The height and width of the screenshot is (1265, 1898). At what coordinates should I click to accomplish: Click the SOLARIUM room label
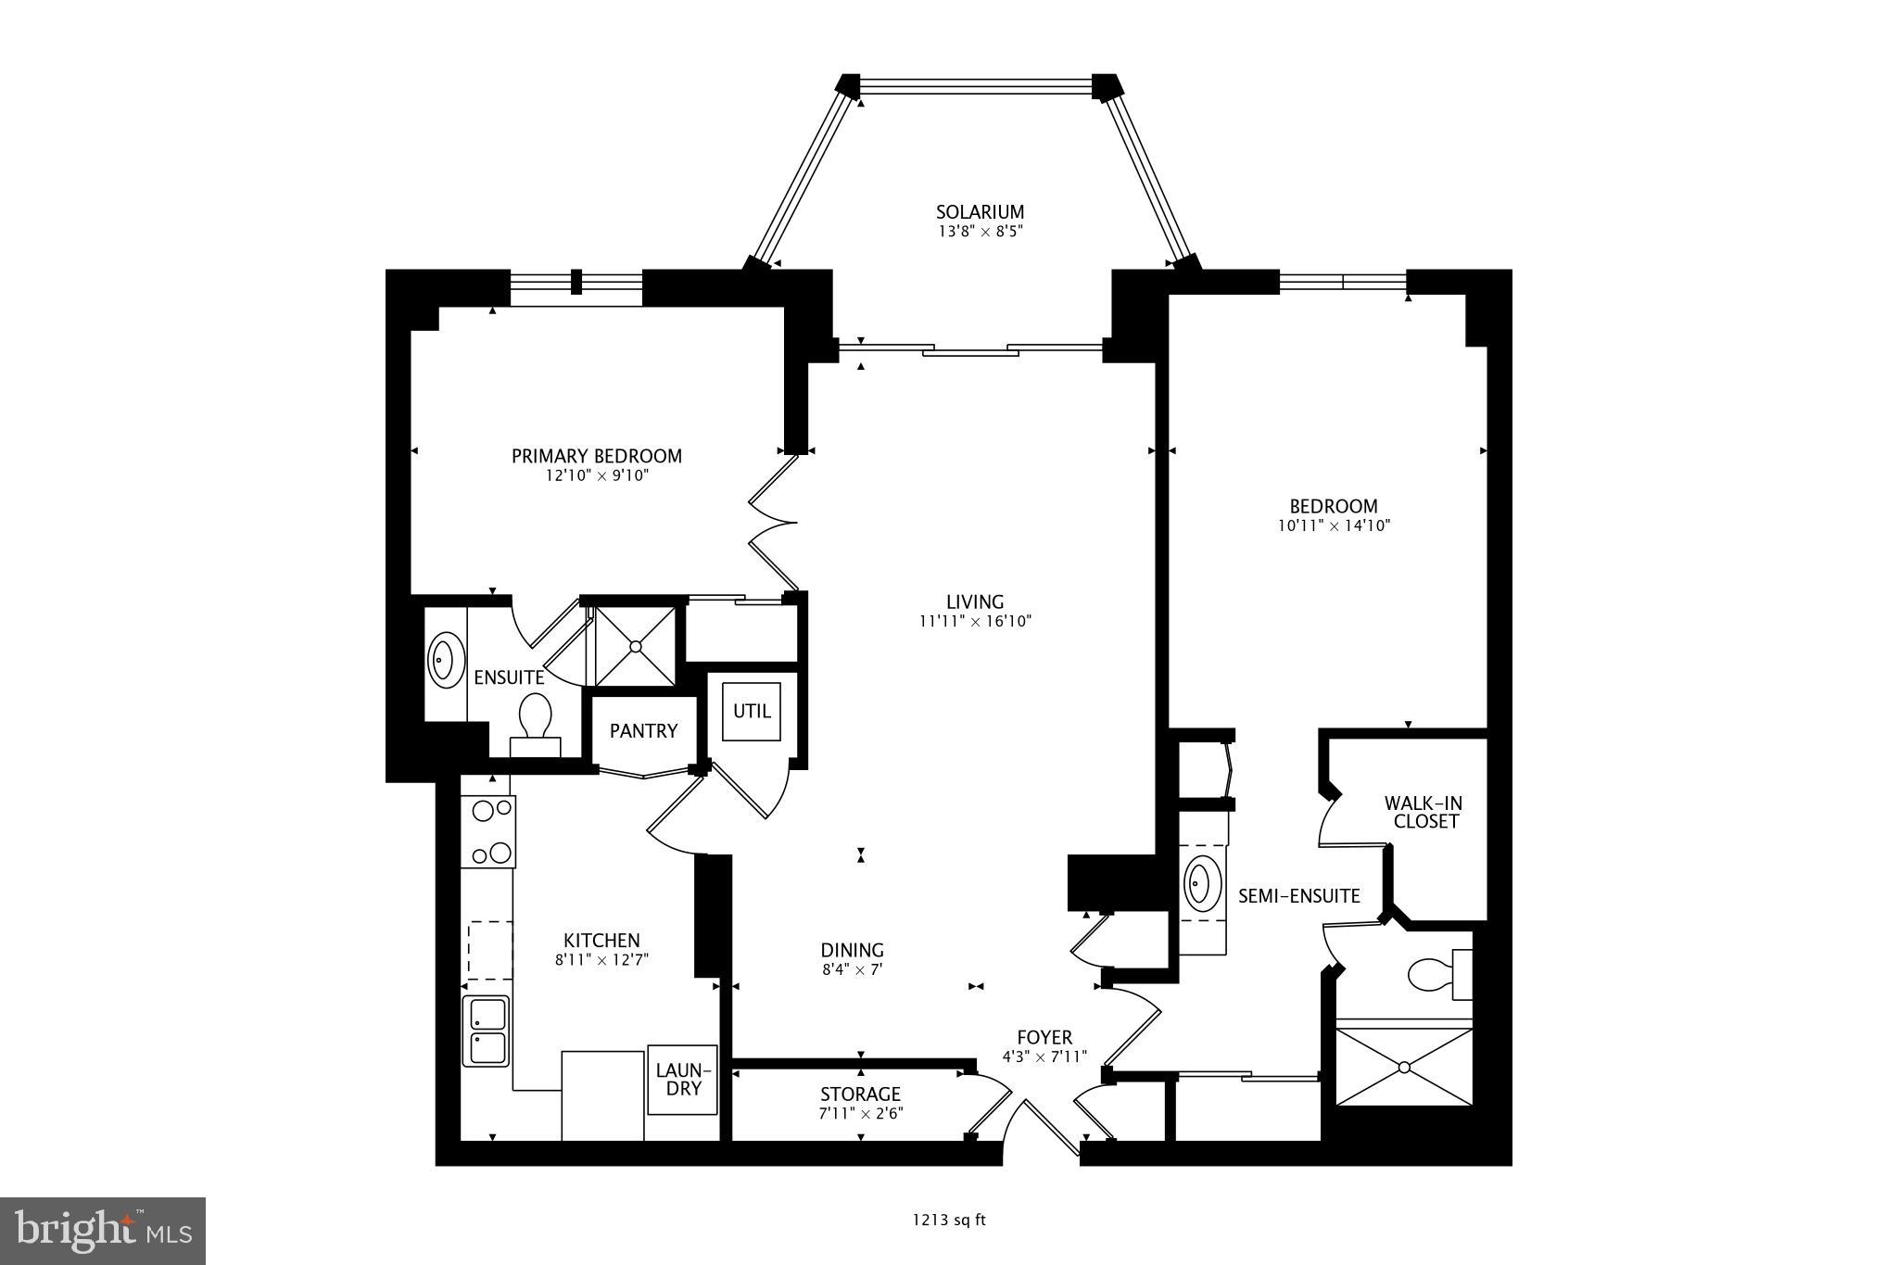tap(980, 212)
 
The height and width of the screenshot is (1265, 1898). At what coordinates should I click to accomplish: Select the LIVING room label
tap(975, 602)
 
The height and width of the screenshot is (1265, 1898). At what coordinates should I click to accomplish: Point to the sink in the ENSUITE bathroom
tap(446, 660)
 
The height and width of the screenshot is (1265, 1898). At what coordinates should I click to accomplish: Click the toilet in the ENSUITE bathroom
tap(536, 719)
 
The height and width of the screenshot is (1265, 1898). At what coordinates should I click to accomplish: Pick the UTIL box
tap(752, 712)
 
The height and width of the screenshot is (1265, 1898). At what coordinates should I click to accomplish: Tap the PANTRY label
tap(643, 731)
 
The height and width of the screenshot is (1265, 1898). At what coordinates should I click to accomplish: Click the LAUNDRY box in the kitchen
tap(684, 1080)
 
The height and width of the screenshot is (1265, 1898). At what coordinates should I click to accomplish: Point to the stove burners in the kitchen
tap(488, 831)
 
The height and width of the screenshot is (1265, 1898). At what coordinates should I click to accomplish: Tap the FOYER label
tap(1044, 1038)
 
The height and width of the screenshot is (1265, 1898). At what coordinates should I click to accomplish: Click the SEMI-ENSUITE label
tap(1299, 896)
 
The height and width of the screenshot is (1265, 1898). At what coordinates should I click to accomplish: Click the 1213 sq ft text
tap(949, 1221)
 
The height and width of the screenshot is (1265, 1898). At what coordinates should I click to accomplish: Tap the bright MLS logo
tap(103, 1231)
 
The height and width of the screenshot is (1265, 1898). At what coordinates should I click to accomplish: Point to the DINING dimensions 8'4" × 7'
tap(852, 970)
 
